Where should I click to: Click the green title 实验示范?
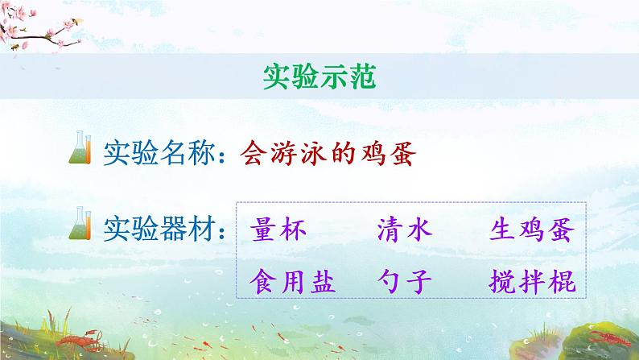[x=319, y=77]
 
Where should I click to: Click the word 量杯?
[x=278, y=232]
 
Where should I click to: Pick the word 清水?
[x=405, y=232]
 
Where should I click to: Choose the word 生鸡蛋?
[x=531, y=232]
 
